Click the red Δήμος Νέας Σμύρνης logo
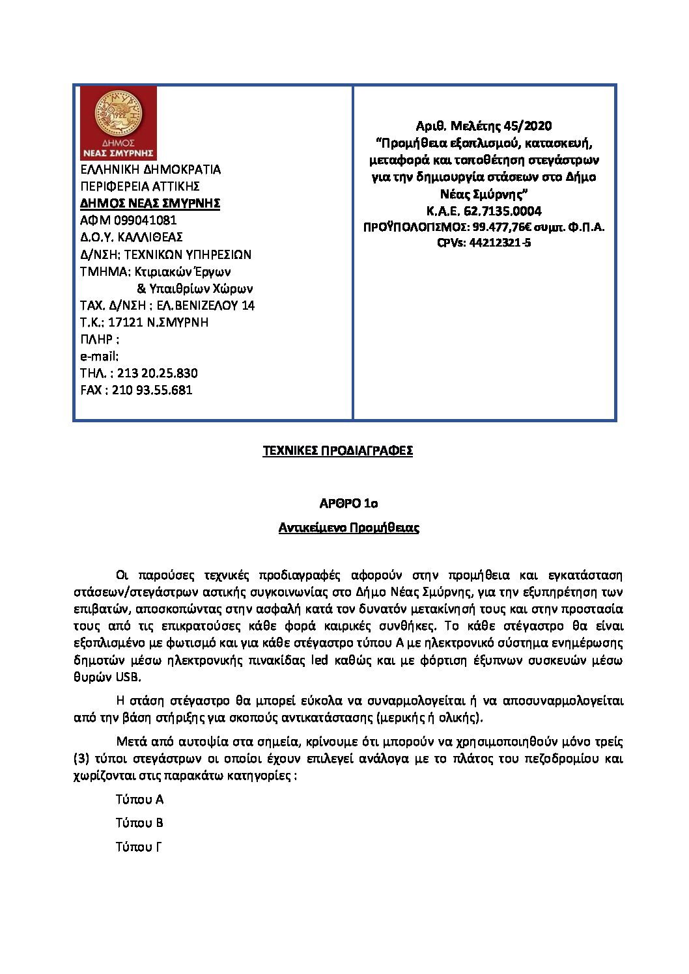click(x=118, y=124)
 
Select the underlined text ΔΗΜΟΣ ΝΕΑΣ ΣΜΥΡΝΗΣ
click(x=150, y=204)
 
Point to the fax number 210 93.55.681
click(x=152, y=390)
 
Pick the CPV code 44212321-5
click(x=499, y=243)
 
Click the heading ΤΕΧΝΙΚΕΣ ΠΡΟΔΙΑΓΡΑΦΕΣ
click(x=337, y=451)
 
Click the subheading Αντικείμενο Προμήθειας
click(x=348, y=528)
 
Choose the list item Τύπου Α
click(x=139, y=800)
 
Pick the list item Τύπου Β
click(x=139, y=823)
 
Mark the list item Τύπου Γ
click(x=138, y=847)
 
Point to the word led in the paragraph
click(x=320, y=660)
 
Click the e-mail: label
click(x=99, y=357)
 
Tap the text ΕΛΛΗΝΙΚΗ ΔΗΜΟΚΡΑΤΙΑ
click(x=150, y=170)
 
